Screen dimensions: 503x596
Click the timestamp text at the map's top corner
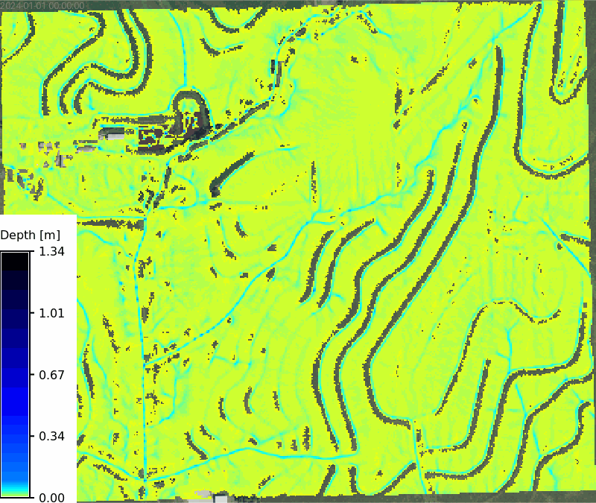coord(43,5)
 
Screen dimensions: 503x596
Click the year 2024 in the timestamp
coord(13,5)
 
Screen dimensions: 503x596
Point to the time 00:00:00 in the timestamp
coord(66,5)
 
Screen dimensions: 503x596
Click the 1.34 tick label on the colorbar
coord(51,252)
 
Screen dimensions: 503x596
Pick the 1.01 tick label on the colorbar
coord(51,313)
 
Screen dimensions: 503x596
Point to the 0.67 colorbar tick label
coord(51,374)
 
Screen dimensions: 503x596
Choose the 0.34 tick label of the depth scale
coord(51,436)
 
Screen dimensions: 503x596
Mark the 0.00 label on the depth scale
coord(51,497)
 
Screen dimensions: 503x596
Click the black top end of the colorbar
coord(15,257)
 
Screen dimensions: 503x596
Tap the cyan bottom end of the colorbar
coord(15,492)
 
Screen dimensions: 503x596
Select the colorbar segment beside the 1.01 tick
coord(15,313)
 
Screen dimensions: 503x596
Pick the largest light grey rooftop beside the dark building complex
coord(113,133)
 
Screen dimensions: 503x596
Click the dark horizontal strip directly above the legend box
coord(112,223)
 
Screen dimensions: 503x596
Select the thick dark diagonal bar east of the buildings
coord(230,172)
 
